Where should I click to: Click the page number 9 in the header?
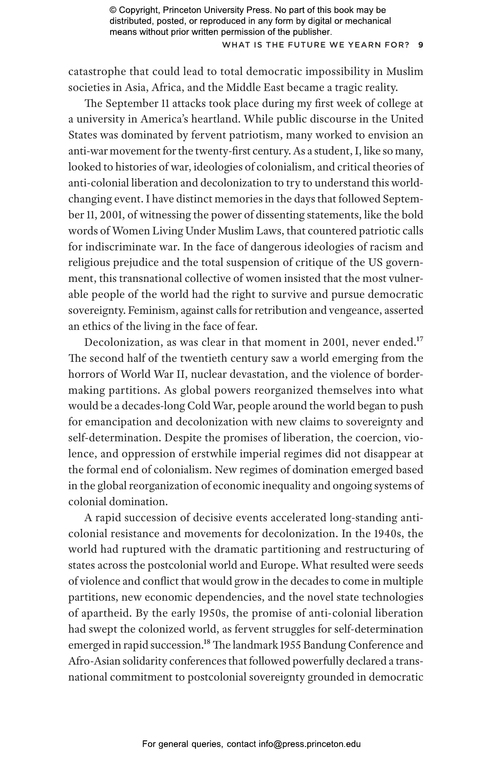coord(420,45)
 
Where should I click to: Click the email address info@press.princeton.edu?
coord(309,744)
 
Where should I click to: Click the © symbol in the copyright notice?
coord(113,10)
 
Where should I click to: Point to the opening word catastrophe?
coord(98,72)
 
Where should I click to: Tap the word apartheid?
coord(103,613)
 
